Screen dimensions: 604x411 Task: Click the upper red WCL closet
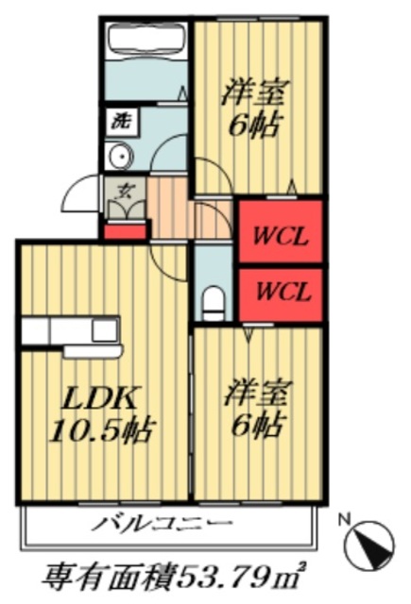[281, 232]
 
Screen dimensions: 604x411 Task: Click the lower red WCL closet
[281, 294]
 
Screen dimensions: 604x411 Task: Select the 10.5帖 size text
[90, 431]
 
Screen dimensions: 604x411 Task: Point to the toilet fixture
[214, 301]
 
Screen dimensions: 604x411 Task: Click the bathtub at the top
[146, 40]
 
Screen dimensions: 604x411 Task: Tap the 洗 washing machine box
[120, 121]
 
